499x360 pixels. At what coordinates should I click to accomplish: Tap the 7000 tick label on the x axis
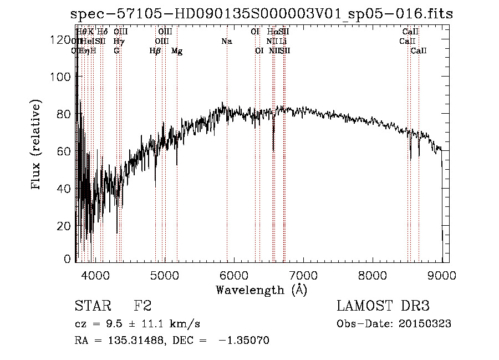303,275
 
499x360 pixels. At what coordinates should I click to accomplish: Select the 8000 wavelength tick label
373,275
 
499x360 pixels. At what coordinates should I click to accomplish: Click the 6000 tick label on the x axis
233,275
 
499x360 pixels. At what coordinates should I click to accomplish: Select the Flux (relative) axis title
37,146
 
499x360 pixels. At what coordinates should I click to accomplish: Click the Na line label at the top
226,41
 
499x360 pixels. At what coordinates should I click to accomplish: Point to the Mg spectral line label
177,51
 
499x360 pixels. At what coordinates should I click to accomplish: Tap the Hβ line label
155,51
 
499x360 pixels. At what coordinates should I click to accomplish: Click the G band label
116,51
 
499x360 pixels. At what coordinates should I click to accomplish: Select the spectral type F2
142,307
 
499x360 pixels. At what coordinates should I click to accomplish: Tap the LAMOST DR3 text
383,307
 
